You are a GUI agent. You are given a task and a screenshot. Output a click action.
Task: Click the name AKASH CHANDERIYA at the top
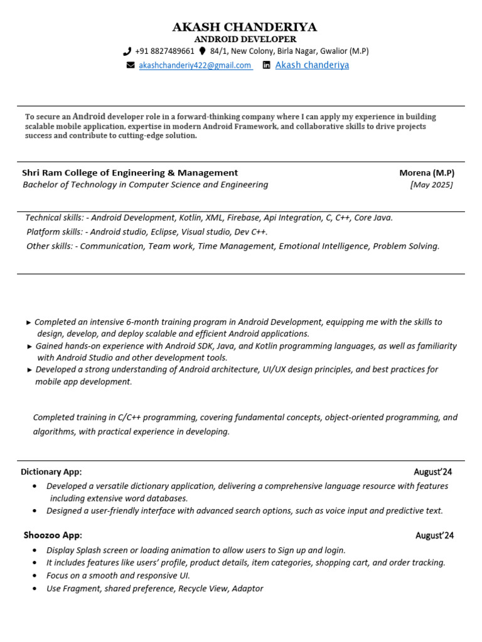click(245, 27)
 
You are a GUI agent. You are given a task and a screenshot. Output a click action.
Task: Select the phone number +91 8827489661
click(164, 51)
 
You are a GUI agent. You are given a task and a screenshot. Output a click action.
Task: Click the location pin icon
click(202, 51)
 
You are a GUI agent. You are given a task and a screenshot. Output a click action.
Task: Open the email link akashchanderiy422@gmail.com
click(195, 65)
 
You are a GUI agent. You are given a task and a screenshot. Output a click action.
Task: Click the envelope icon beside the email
click(131, 65)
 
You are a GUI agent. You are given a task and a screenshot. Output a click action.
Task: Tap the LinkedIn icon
click(267, 65)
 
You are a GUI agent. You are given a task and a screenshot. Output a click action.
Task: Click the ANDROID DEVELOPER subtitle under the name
click(245, 39)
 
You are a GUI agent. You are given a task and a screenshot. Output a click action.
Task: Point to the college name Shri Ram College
click(130, 172)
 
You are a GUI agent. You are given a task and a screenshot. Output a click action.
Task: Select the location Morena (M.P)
click(427, 172)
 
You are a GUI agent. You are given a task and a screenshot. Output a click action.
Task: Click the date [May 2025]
click(431, 184)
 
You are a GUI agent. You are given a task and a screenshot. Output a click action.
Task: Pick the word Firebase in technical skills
click(243, 218)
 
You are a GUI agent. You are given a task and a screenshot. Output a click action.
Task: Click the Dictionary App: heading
click(51, 471)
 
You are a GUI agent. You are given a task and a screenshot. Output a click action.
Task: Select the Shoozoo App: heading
click(53, 535)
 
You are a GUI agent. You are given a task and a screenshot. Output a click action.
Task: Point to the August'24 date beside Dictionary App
click(433, 471)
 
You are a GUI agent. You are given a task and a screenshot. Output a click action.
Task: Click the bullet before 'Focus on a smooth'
click(34, 576)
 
